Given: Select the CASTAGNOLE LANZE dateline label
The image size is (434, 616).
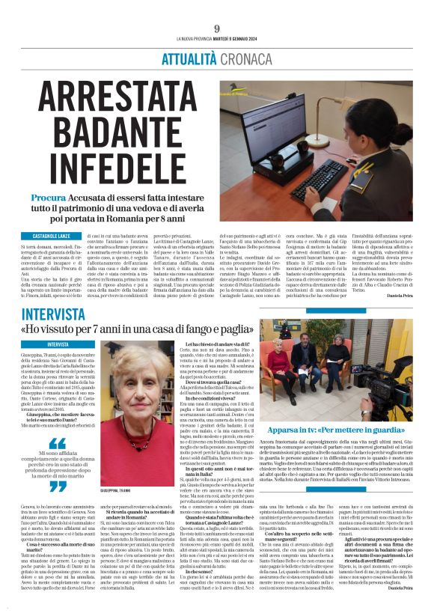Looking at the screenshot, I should [x=51, y=237].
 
